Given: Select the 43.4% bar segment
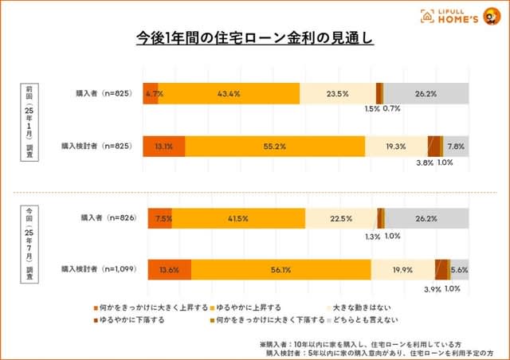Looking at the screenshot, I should [x=229, y=93].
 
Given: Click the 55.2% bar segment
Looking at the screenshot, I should [x=274, y=147].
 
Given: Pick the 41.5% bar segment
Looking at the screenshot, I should [x=238, y=218].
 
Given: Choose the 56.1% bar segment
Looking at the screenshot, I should [x=280, y=270].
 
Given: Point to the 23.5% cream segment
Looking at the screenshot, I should [x=337, y=93].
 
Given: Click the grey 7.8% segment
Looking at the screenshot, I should [x=456, y=147].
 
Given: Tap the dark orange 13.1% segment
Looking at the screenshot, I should [x=163, y=147].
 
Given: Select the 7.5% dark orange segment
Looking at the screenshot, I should [x=159, y=218].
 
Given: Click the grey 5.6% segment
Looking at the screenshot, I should [x=459, y=270].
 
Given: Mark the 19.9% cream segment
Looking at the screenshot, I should [x=402, y=270].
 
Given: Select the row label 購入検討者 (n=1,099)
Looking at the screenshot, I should [x=98, y=269].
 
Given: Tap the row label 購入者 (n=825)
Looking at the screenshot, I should [x=104, y=92].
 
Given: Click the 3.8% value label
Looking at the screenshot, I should [x=425, y=163].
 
